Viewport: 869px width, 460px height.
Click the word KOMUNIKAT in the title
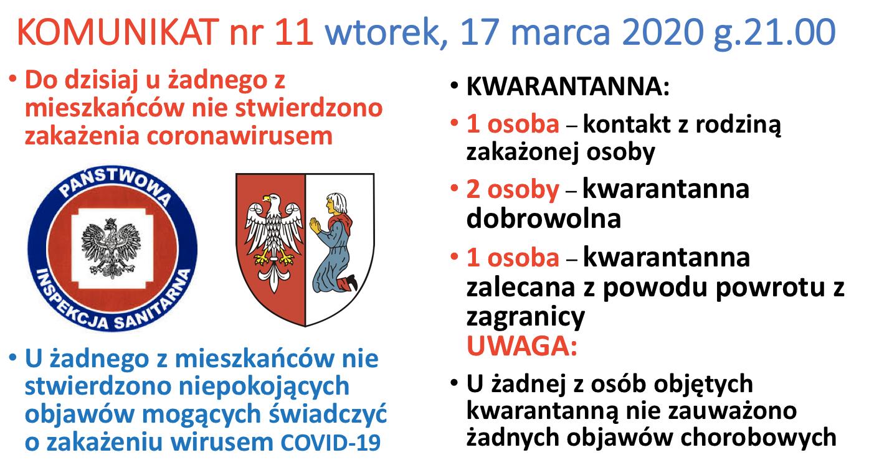click(118, 32)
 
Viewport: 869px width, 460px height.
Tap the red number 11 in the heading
click(293, 32)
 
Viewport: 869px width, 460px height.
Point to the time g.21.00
click(775, 34)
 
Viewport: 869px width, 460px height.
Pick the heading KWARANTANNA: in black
click(568, 86)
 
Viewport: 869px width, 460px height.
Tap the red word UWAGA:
click(522, 345)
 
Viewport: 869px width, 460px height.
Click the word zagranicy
click(525, 318)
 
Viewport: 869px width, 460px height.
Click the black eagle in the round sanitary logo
click(110, 248)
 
